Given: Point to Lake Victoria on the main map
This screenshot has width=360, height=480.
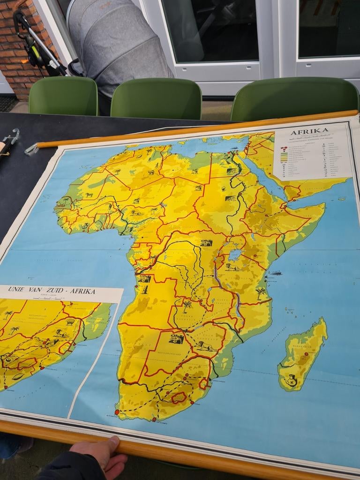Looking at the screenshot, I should [x=235, y=255].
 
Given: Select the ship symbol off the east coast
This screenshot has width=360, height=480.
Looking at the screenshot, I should [x=276, y=273].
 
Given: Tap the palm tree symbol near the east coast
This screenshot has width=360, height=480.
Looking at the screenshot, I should [x=260, y=293].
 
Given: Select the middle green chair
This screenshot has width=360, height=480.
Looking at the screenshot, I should [x=156, y=98].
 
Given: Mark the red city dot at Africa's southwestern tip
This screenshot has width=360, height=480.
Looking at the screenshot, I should [x=117, y=412].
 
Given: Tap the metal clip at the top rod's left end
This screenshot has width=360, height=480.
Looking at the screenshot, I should [x=32, y=149].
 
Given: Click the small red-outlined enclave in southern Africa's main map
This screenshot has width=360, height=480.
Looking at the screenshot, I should [x=179, y=398].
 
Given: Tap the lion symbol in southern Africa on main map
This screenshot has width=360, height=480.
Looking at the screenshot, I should [x=205, y=346].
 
